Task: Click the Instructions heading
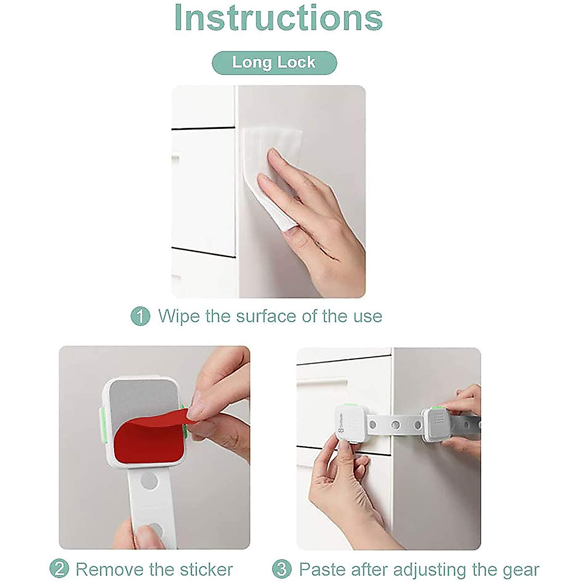(278, 18)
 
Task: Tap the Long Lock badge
(274, 63)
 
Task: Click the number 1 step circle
(140, 316)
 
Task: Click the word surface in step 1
(266, 316)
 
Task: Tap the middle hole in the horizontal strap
(396, 424)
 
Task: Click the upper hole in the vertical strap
(149, 481)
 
